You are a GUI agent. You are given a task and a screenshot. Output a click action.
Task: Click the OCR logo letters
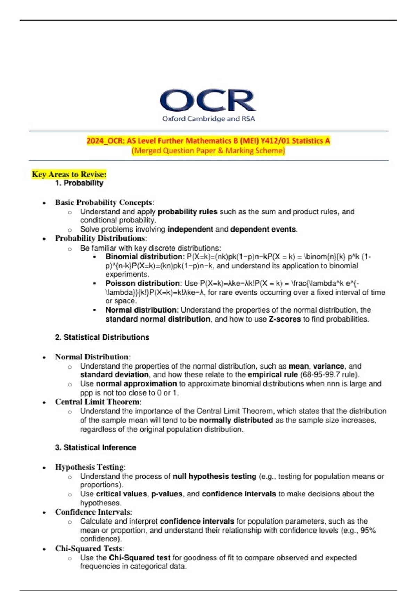pyautogui.click(x=208, y=100)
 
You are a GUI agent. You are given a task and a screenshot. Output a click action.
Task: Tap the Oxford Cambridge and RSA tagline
pyautogui.click(x=208, y=119)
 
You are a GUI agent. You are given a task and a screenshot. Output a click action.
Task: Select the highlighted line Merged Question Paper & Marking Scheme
pyautogui.click(x=208, y=151)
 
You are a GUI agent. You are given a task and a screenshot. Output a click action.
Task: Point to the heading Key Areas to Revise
pyautogui.click(x=69, y=174)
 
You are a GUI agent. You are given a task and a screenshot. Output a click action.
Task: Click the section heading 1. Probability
pyautogui.click(x=79, y=183)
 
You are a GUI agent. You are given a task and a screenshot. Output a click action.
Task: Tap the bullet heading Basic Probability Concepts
pyautogui.click(x=104, y=202)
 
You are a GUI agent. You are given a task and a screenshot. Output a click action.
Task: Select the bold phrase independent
pyautogui.click(x=190, y=229)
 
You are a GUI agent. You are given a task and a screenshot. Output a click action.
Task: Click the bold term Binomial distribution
pyautogui.click(x=144, y=257)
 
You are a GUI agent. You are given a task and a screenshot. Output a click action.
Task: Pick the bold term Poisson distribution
pyautogui.click(x=142, y=283)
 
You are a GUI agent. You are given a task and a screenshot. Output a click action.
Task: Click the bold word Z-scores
pyautogui.click(x=285, y=319)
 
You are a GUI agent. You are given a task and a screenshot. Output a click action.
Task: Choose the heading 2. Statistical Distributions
pyautogui.click(x=102, y=337)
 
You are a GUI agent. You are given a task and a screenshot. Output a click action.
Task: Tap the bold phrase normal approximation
pyautogui.click(x=136, y=384)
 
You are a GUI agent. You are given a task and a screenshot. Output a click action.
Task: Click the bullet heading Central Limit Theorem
pyautogui.click(x=97, y=402)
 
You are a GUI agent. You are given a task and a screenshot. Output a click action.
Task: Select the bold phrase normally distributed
pyautogui.click(x=236, y=420)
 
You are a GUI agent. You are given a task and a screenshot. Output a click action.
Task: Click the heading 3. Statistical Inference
pyautogui.click(x=96, y=447)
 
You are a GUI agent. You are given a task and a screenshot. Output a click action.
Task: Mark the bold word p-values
pyautogui.click(x=167, y=494)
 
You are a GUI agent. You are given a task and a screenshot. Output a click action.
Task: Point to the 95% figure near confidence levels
pyautogui.click(x=368, y=531)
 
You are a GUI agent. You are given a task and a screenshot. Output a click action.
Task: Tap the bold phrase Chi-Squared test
pyautogui.click(x=140, y=558)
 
